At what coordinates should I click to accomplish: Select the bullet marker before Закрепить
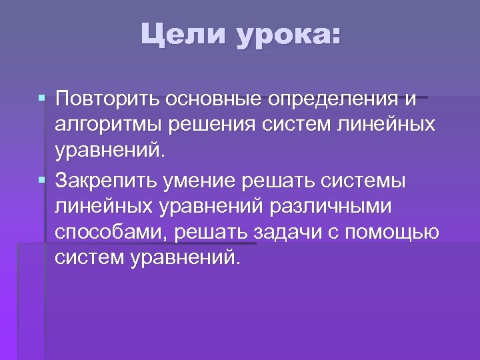42,180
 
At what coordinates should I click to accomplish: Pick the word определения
333,101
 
